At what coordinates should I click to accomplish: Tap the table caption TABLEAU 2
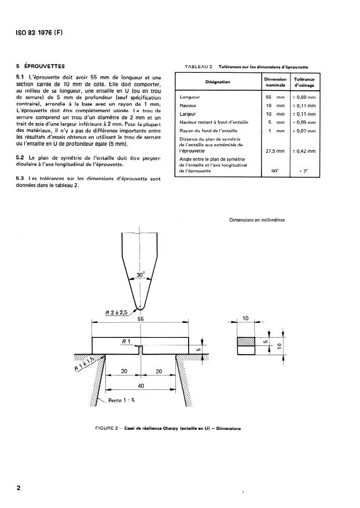pyautogui.click(x=199, y=67)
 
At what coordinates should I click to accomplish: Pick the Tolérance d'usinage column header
pyautogui.click(x=304, y=82)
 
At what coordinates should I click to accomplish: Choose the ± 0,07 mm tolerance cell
pyautogui.click(x=304, y=131)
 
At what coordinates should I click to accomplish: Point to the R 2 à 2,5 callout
pyautogui.click(x=117, y=313)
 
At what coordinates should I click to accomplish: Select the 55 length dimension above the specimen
pyautogui.click(x=140, y=319)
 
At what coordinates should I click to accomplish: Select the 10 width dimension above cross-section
pyautogui.click(x=245, y=319)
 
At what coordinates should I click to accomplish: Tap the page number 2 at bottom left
pyautogui.click(x=19, y=488)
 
